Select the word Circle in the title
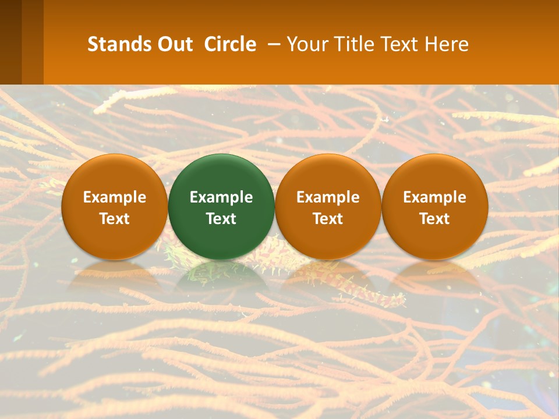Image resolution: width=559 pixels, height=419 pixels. [230, 44]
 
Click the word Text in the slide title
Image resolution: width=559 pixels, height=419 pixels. [398, 44]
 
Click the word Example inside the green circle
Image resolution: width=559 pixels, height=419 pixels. [221, 197]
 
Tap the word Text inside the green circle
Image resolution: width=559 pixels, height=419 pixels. [221, 219]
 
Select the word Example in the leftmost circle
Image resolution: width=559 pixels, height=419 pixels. [114, 197]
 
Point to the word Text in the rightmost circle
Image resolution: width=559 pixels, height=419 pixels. [435, 219]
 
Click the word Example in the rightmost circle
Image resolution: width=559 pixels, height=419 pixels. [435, 197]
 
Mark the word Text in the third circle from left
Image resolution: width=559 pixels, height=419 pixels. [328, 219]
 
